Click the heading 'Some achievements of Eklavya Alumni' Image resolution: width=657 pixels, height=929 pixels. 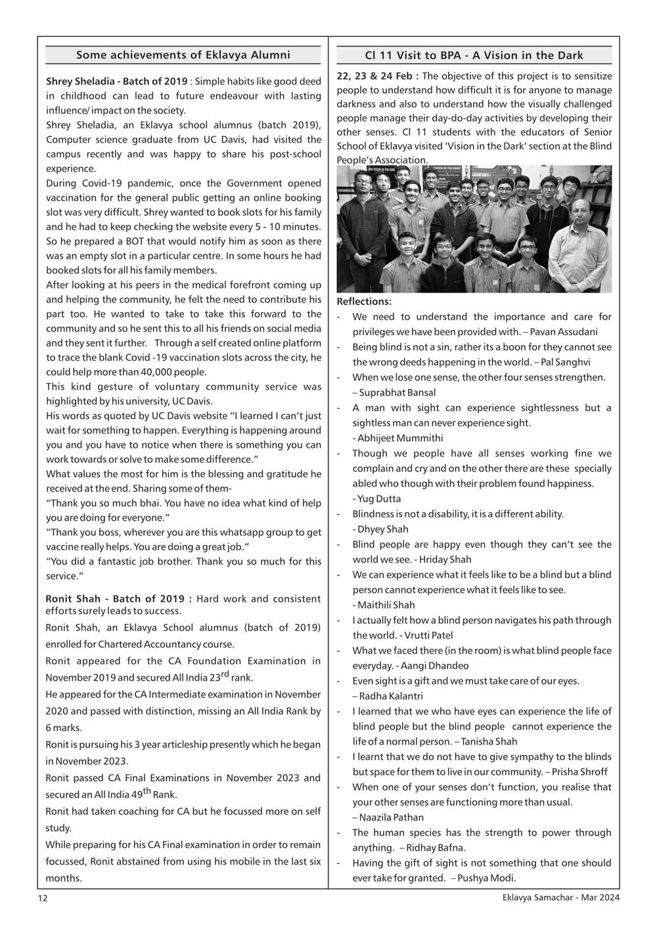pos(183,55)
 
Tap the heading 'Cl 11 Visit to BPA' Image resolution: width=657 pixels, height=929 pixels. pos(474,56)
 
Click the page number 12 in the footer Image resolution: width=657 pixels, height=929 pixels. pos(42,898)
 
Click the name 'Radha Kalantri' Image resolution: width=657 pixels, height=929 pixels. pos(391,696)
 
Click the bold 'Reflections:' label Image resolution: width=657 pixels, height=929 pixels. pos(364,302)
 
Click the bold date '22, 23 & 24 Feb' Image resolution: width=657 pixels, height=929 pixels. pos(374,76)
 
